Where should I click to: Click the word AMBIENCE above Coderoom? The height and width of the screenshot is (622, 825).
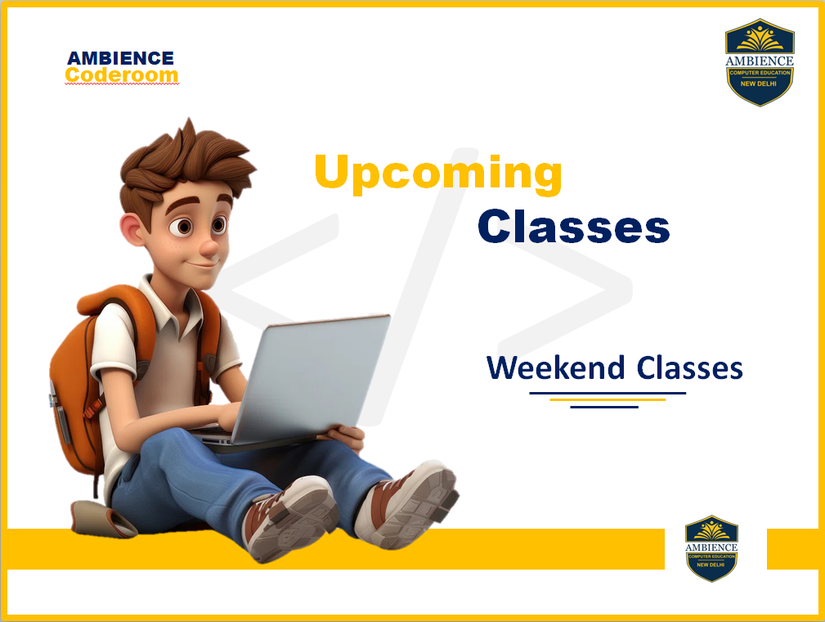pyautogui.click(x=120, y=58)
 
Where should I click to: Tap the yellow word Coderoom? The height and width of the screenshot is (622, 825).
pyautogui.click(x=122, y=74)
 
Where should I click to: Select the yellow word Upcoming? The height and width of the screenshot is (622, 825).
pyautogui.click(x=437, y=174)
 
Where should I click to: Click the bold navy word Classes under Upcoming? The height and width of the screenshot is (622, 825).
pyautogui.click(x=573, y=227)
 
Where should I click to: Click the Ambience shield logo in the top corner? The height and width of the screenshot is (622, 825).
pyautogui.click(x=760, y=62)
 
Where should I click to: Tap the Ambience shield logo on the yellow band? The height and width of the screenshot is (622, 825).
pyautogui.click(x=711, y=548)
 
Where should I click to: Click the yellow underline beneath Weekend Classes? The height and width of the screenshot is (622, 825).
pyautogui.click(x=608, y=399)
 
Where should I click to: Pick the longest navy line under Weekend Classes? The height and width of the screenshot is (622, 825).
pyautogui.click(x=608, y=393)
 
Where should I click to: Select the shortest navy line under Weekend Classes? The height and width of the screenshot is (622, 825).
pyautogui.click(x=604, y=407)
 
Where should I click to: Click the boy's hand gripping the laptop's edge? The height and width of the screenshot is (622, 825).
pyautogui.click(x=347, y=436)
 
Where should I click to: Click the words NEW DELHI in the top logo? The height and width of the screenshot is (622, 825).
pyautogui.click(x=759, y=83)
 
